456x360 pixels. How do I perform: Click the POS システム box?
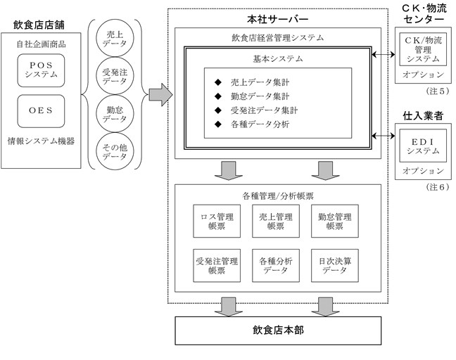click(41, 70)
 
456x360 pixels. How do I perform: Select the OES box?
click(41, 111)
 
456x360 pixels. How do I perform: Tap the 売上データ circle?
click(115, 39)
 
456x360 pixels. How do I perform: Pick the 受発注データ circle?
click(115, 76)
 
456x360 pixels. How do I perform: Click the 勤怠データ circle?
click(115, 114)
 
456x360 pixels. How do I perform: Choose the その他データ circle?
click(115, 151)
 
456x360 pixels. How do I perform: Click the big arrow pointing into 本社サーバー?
click(161, 95)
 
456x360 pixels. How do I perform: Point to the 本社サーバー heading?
click(278, 19)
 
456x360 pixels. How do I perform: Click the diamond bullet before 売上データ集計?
click(218, 82)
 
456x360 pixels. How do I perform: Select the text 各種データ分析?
click(260, 124)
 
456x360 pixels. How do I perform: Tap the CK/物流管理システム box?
click(423, 49)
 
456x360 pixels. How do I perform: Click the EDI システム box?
click(423, 146)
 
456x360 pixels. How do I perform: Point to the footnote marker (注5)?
click(438, 91)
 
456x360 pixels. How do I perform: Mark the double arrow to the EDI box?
click(384, 136)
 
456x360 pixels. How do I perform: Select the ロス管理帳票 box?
click(217, 221)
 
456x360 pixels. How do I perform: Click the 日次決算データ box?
click(335, 266)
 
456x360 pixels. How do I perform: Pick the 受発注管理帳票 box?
click(217, 266)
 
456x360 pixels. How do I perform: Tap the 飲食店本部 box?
click(278, 330)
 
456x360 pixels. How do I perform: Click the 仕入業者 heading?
click(423, 115)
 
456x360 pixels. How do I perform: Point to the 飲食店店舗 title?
click(39, 25)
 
